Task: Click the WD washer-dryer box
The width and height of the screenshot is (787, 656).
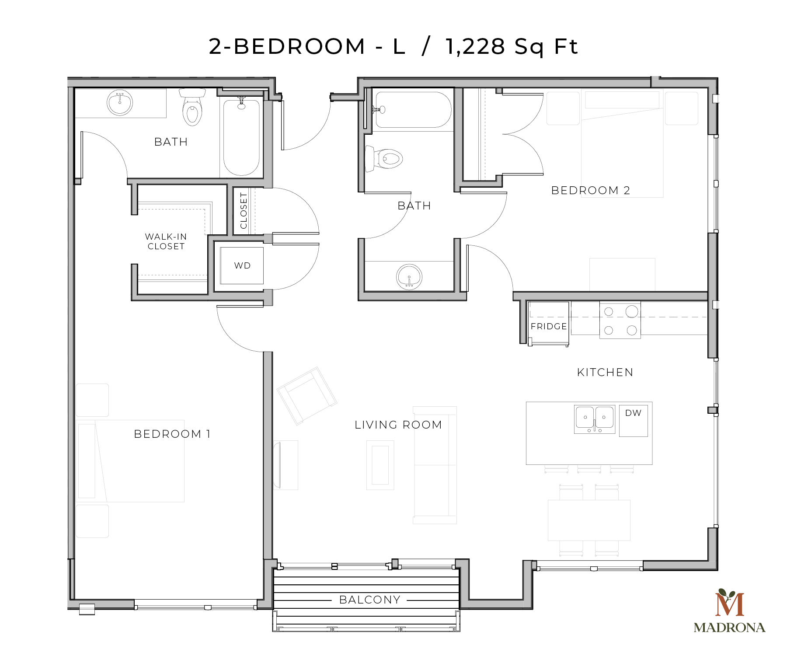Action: coord(242,265)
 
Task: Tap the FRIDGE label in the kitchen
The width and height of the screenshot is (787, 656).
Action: coord(549,326)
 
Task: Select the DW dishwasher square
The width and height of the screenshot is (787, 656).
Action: coord(633,420)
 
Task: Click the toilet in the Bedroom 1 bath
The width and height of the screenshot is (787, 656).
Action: coord(192,108)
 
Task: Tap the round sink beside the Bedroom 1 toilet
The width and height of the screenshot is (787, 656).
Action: coord(120,103)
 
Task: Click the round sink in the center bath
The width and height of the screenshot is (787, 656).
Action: coord(409,276)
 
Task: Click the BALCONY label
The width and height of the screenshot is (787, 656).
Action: coord(370,600)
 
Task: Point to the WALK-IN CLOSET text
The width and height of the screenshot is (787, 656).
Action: coord(166,241)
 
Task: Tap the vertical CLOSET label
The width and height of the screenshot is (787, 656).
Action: coord(244,211)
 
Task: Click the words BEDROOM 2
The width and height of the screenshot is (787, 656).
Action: coord(590,190)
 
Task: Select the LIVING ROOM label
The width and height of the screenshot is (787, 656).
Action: coord(398,425)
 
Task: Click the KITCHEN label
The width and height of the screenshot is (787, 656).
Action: coord(605,372)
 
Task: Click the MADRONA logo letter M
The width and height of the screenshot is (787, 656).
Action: coord(730,603)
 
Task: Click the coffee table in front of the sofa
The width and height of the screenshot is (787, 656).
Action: coord(380,465)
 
